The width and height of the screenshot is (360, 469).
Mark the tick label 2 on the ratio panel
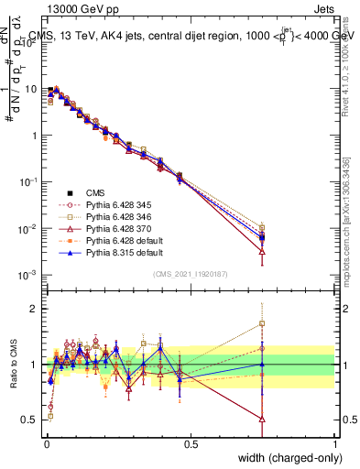[x=33, y=309]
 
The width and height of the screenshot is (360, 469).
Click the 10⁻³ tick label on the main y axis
[x=27, y=275]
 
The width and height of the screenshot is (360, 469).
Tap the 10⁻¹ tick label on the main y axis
[x=27, y=181]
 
